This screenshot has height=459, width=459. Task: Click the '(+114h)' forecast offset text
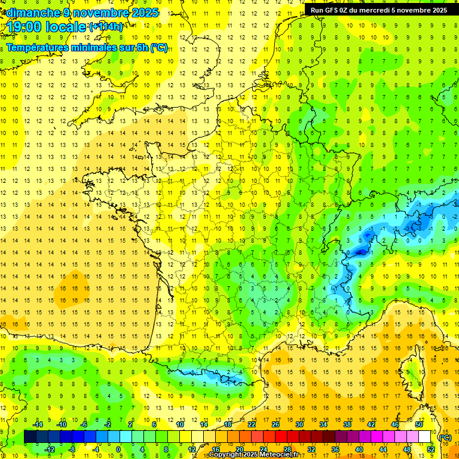(106, 26)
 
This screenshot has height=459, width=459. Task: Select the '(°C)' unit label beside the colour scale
(445, 437)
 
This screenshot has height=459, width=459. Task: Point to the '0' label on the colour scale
(118, 449)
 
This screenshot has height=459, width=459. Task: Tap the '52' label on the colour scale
(431, 449)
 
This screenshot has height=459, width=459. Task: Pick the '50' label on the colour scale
(419, 424)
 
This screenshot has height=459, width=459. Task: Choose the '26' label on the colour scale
(276, 424)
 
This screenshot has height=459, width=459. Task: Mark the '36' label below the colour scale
(335, 449)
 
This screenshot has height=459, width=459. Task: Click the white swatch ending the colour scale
(425, 437)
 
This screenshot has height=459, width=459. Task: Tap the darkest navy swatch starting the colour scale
(30, 437)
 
